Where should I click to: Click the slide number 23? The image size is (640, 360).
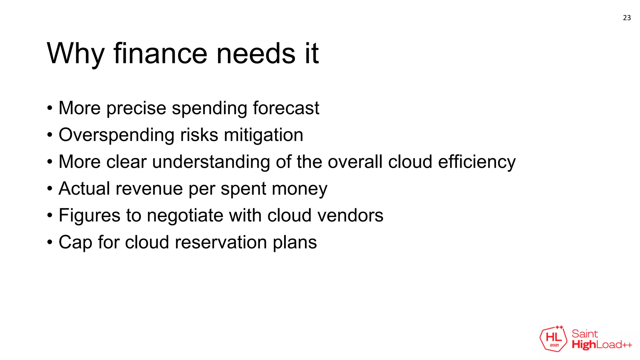tap(627, 18)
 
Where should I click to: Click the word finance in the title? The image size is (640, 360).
tap(160, 54)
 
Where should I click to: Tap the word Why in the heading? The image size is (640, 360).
tap(75, 54)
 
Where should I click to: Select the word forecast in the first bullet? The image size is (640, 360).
tap(286, 108)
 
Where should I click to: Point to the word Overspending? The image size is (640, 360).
tap(116, 135)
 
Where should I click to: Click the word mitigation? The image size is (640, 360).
tap(263, 135)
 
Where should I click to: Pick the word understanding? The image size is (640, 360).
tap(211, 162)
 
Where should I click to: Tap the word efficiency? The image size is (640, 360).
tap(477, 162)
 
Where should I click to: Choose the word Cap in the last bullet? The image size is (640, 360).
tap(75, 242)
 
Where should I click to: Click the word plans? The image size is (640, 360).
tap(295, 242)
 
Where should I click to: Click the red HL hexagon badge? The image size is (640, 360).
tap(553, 339)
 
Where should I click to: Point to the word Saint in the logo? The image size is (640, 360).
tap(585, 334)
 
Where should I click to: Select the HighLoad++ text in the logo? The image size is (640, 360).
tap(602, 345)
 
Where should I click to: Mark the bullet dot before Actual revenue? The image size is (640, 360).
tap(50, 189)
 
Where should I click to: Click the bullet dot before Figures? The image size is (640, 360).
tap(50, 216)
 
